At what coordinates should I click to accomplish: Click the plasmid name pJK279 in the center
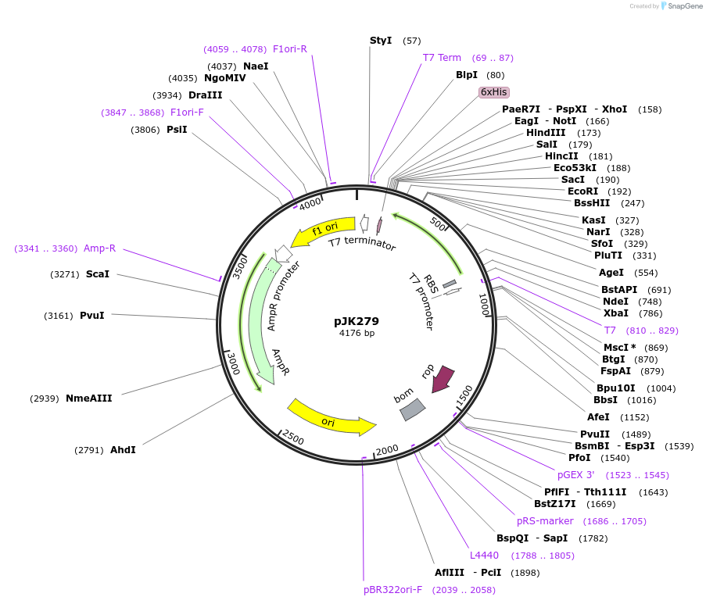click(356, 320)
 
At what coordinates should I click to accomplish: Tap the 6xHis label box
click(494, 92)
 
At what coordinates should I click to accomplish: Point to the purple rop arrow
click(444, 377)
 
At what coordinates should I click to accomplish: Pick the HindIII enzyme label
click(546, 133)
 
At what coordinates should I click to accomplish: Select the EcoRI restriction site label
click(582, 191)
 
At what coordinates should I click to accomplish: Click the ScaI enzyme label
click(98, 274)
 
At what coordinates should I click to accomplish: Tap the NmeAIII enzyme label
click(88, 398)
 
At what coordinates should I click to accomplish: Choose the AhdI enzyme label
click(123, 450)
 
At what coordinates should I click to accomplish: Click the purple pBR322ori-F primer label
click(392, 590)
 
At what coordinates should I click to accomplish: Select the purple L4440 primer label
click(484, 556)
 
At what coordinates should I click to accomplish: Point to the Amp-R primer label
click(99, 248)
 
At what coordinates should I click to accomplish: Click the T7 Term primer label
click(442, 58)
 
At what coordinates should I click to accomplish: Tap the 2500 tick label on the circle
click(293, 438)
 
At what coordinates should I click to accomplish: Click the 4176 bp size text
click(357, 333)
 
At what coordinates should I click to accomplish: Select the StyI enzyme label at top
click(381, 40)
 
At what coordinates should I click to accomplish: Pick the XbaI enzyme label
click(616, 313)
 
